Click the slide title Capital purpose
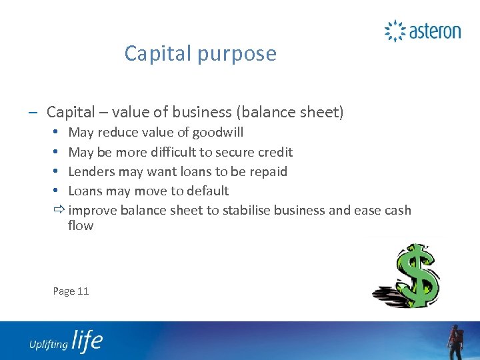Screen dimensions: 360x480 coord(200,53)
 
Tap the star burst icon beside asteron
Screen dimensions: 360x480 coord(395,31)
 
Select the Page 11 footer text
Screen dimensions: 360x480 coord(71,291)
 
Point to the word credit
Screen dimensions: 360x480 coord(274,152)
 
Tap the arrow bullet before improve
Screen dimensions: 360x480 coord(59,211)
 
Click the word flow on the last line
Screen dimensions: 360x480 coord(81,225)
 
